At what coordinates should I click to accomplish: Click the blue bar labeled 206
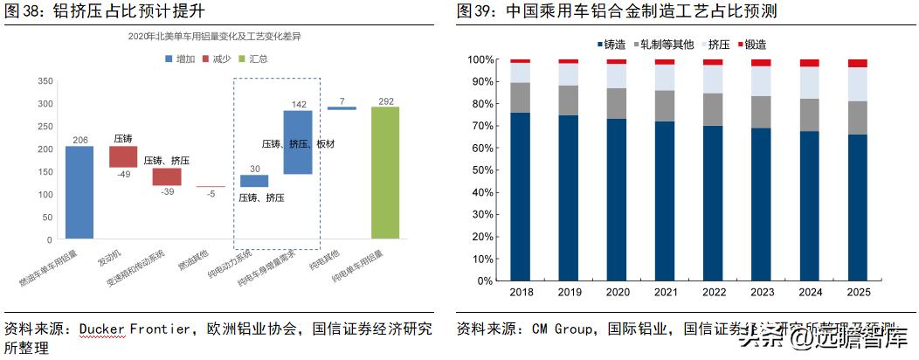(x=79, y=191)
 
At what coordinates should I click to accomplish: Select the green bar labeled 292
(x=384, y=172)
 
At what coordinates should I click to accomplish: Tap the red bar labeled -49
(x=123, y=156)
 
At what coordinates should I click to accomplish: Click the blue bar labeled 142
(x=297, y=142)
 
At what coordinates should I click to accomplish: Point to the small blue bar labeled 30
(x=254, y=181)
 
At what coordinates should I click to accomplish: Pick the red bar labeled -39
(x=167, y=177)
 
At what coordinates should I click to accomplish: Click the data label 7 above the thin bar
(x=342, y=100)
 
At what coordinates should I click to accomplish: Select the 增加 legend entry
(x=178, y=59)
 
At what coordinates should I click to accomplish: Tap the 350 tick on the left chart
(x=44, y=81)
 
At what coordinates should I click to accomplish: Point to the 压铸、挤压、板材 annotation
(x=298, y=143)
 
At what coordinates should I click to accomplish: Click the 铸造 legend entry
(x=611, y=44)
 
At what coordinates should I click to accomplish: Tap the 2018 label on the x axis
(x=521, y=292)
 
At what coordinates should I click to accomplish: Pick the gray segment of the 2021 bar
(x=665, y=106)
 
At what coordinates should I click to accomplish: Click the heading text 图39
(x=477, y=11)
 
